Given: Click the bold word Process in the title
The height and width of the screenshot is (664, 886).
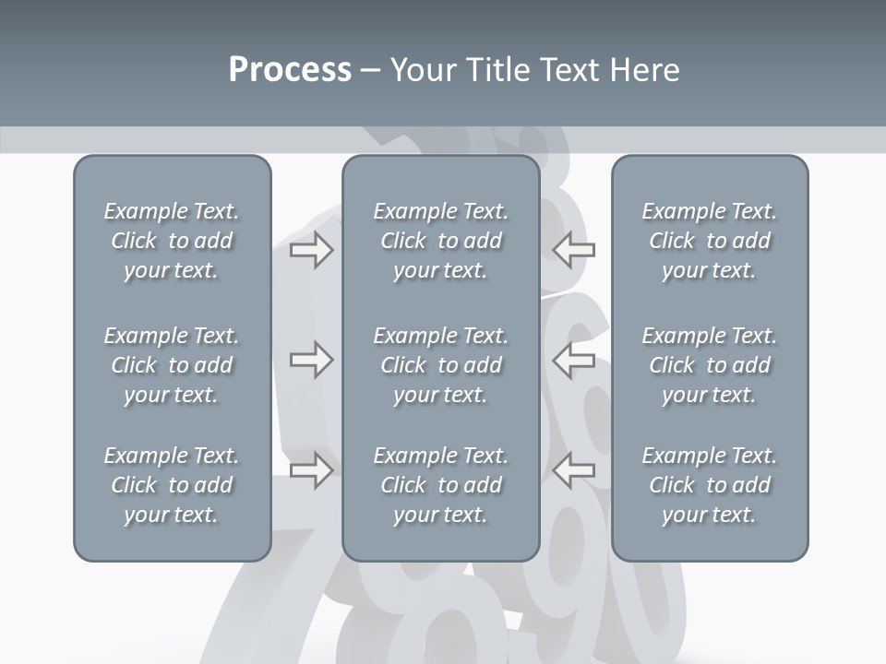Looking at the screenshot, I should [x=290, y=70].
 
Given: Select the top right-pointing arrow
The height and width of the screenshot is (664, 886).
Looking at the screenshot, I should [x=311, y=249].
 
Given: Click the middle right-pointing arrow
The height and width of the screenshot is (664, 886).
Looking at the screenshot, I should [x=311, y=360].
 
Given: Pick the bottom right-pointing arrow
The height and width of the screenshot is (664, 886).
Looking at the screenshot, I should [x=311, y=470].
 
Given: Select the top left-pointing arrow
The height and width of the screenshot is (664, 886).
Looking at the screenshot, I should [x=573, y=249].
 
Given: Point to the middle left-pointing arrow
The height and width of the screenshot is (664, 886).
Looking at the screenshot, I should [x=573, y=360].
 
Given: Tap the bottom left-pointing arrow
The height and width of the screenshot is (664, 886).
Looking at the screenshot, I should [x=573, y=470].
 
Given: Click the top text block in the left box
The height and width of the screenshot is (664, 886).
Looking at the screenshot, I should [x=172, y=241].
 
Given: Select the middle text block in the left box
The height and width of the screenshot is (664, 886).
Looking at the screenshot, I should [x=172, y=365].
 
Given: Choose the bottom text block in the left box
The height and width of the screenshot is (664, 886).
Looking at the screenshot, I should [x=172, y=485].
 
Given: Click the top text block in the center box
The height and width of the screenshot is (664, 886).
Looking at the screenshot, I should [x=440, y=241].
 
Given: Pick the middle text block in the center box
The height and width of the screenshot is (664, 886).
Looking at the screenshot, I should [x=440, y=365].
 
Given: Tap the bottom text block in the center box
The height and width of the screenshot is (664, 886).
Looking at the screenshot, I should [x=440, y=485].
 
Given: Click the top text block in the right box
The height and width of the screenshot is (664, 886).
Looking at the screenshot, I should [x=709, y=241].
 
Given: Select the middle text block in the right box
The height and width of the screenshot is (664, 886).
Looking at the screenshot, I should [x=709, y=365].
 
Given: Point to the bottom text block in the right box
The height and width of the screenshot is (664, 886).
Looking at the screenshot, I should [x=709, y=485].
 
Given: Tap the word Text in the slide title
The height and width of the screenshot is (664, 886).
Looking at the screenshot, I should [x=569, y=70].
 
